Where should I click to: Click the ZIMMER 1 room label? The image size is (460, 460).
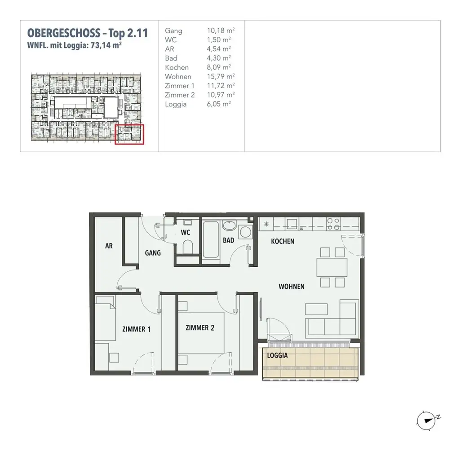pos(137,329)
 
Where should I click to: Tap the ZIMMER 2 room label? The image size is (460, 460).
pos(200,328)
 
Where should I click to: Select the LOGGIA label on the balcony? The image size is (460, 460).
pos(277,355)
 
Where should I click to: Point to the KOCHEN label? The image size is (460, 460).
pos(283,241)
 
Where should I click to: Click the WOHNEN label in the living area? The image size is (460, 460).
pos(291,286)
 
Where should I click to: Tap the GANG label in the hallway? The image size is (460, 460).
pos(153,253)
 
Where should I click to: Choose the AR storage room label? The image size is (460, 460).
pos(109,246)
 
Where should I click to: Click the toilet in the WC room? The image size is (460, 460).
pos(188,247)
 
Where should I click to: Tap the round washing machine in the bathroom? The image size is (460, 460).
pos(245,232)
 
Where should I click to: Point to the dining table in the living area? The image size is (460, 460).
pos(332,267)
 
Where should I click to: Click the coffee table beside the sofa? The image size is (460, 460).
pos(316,309)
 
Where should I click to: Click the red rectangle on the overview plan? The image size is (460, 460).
pos(130,134)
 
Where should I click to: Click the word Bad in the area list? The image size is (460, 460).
pos(171,58)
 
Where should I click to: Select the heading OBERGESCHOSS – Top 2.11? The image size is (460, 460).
pos(88,33)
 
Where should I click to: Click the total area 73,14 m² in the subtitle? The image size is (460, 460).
pos(106,45)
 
